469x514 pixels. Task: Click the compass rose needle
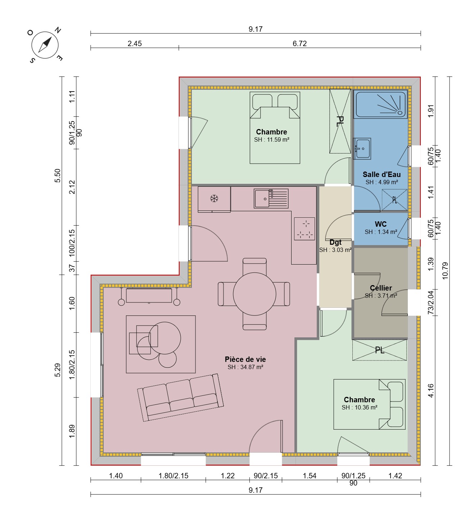click(45, 45)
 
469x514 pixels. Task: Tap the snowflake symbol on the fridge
click(214, 198)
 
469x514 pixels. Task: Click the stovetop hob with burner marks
click(304, 229)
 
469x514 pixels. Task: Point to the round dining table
click(254, 294)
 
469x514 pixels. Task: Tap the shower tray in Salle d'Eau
click(380, 104)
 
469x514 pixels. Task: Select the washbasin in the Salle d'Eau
click(362, 149)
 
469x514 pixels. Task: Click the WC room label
click(380, 224)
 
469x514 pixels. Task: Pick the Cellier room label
click(381, 288)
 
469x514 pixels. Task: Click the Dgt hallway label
click(335, 242)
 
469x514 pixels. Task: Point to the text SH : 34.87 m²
click(245, 367)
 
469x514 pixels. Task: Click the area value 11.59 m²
click(278, 139)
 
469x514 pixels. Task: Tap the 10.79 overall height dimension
click(445, 271)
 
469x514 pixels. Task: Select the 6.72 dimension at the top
click(299, 44)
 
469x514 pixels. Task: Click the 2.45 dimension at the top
click(135, 44)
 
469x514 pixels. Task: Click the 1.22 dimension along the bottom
click(228, 476)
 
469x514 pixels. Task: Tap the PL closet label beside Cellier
click(379, 350)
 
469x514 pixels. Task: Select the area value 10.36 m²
click(366, 407)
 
